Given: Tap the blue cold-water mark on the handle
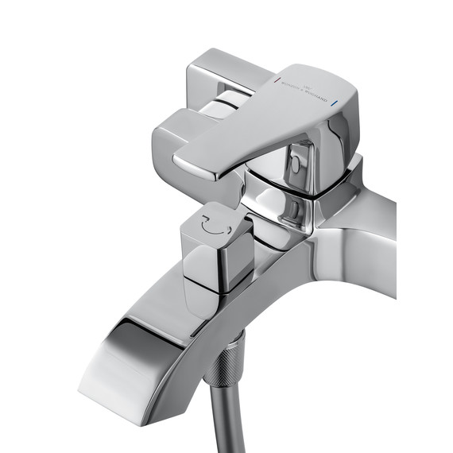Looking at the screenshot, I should (x=343, y=103).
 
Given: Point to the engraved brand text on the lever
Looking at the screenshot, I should (x=310, y=91).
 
